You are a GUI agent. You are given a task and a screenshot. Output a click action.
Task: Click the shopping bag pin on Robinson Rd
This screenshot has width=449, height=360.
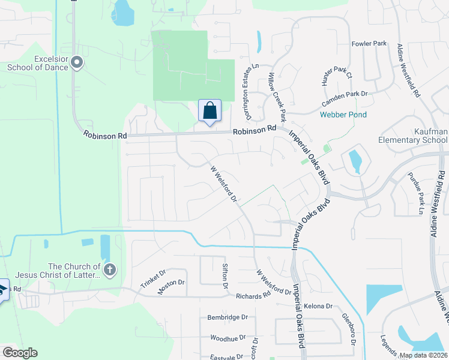tap(209, 111)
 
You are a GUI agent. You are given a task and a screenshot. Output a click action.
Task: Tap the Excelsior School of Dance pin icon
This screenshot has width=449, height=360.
tap(77, 62)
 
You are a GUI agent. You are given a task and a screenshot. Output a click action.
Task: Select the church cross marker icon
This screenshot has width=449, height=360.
tap(109, 270)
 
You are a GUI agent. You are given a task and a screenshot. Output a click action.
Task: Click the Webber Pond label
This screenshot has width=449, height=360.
tap(343, 115)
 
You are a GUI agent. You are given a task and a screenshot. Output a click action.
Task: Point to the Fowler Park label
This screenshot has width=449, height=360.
tap(369, 44)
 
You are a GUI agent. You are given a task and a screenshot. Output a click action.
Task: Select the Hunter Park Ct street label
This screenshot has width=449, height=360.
tap(336, 77)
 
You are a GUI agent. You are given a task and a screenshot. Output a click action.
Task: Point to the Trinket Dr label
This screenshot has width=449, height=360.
tap(152, 277)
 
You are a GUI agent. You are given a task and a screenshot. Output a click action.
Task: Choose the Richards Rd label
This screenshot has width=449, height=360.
tap(253, 296)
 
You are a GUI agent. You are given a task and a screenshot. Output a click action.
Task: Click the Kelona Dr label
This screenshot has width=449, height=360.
tap(318, 306)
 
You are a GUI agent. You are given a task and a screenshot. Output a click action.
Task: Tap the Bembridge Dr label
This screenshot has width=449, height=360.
tap(228, 317)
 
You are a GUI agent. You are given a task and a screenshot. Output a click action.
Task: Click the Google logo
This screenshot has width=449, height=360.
tap(20, 353)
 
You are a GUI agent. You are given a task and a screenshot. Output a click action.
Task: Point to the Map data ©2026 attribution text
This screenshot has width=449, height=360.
tap(423, 355)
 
